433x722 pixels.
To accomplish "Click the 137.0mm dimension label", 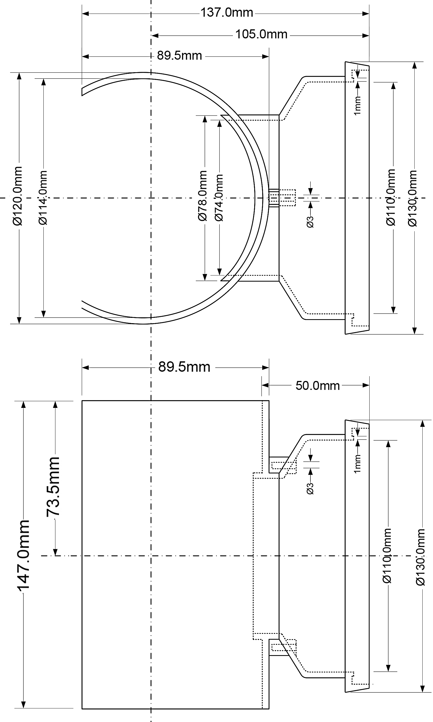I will pyautogui.click(x=227, y=13).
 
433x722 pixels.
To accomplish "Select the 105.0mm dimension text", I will pyautogui.click(x=261, y=34).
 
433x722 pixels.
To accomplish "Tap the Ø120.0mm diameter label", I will pyautogui.click(x=18, y=196).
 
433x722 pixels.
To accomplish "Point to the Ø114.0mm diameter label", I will pyautogui.click(x=43, y=197).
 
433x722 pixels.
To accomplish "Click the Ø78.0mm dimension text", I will pyautogui.click(x=203, y=196).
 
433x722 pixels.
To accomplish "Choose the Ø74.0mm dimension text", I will pyautogui.click(x=219, y=197).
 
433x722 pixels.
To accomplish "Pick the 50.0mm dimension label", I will pyautogui.click(x=317, y=386).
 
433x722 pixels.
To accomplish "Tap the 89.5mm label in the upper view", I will pyautogui.click(x=179, y=55).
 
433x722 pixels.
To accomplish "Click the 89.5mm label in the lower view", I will pyautogui.click(x=184, y=367).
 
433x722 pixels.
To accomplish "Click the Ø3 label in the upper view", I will pyautogui.click(x=310, y=222).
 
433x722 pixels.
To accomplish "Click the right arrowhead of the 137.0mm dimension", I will pyautogui.click(x=366, y=13).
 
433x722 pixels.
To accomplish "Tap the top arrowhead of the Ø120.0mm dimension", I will pyautogui.click(x=19, y=76).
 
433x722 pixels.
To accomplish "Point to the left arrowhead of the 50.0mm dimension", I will pyautogui.click(x=265, y=385).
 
